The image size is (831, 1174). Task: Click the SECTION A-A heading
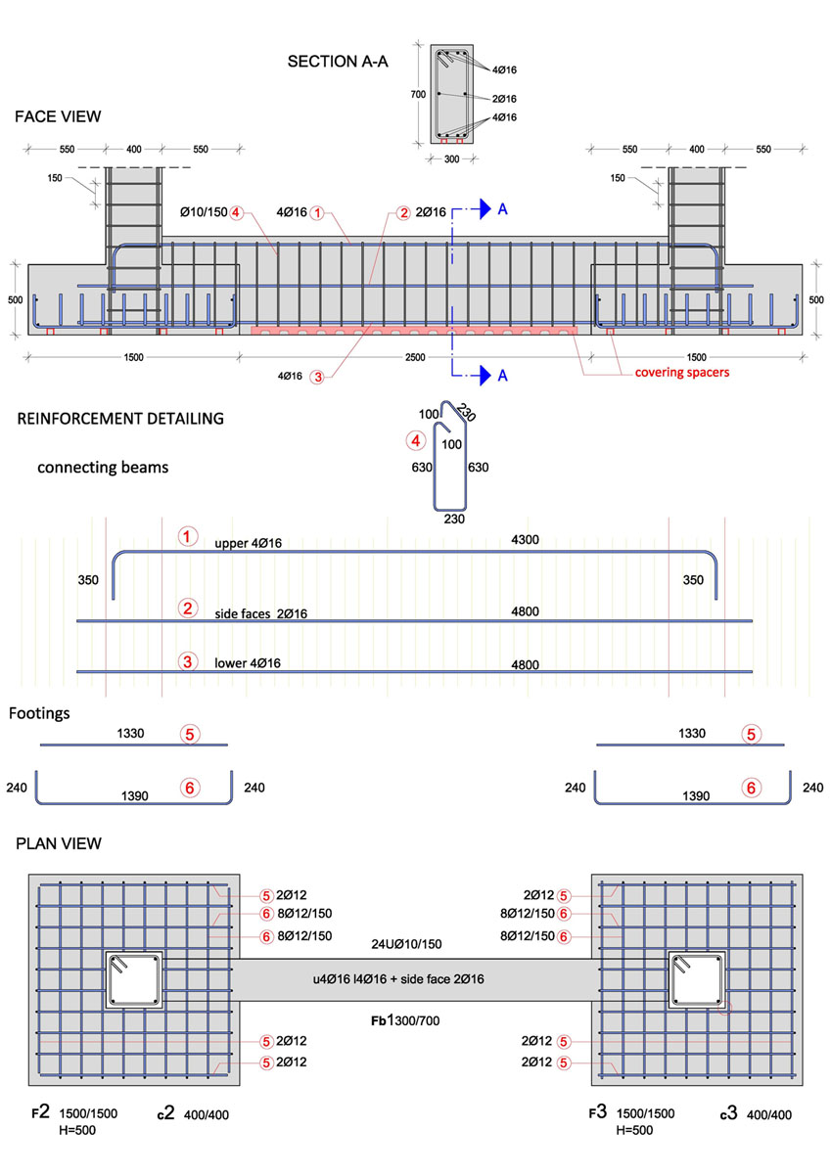338,62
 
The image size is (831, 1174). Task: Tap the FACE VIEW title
58,116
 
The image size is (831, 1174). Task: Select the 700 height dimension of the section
419,95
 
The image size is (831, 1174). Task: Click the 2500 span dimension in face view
415,358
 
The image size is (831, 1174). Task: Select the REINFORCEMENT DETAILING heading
120,419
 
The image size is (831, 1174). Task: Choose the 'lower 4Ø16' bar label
248,663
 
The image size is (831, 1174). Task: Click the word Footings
39,713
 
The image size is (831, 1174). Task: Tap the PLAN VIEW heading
59,843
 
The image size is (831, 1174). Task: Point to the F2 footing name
38,1112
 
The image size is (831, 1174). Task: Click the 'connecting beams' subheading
103,467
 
